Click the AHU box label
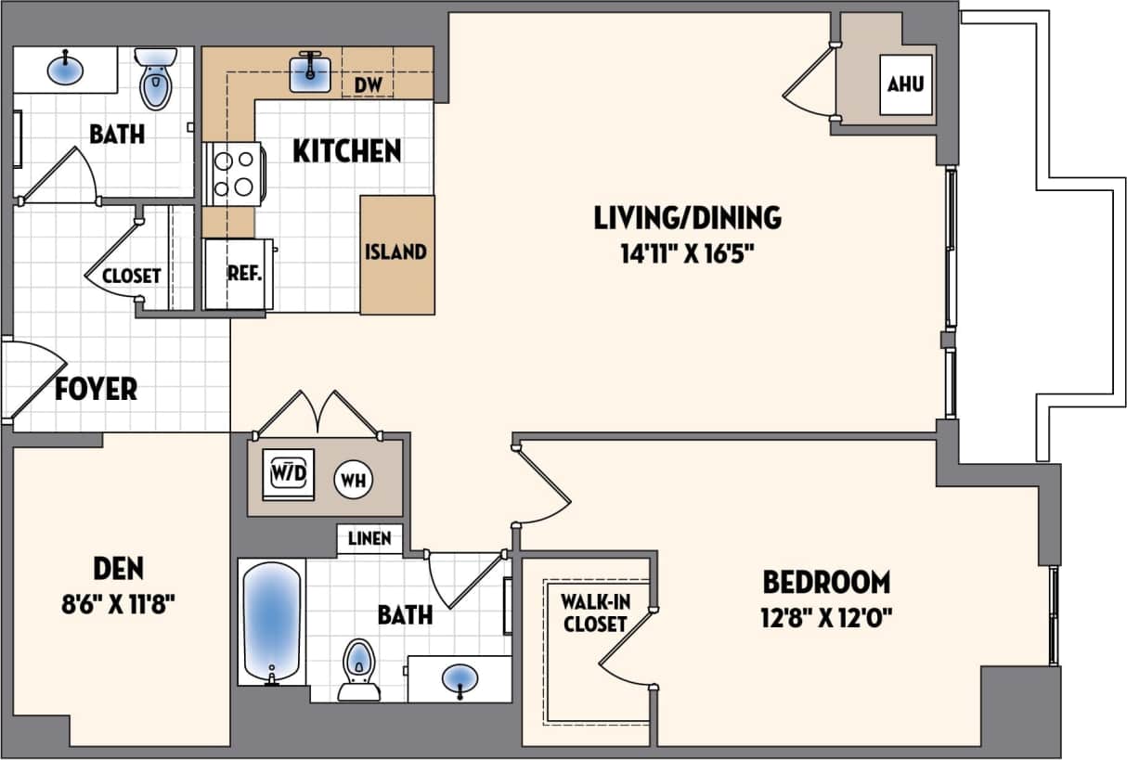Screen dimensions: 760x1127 pyautogui.click(x=905, y=84)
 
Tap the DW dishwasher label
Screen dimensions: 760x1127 pyautogui.click(x=369, y=85)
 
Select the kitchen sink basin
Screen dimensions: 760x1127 pyautogui.click(x=311, y=74)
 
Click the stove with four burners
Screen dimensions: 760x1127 pyautogui.click(x=234, y=174)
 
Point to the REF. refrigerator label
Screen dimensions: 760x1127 pyautogui.click(x=245, y=275)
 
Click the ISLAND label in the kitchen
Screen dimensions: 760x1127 pyautogui.click(x=395, y=252)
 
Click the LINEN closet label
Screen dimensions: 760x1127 pyautogui.click(x=369, y=538)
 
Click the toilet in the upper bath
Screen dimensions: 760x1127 pyautogui.click(x=155, y=81)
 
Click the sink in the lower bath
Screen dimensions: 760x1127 pyautogui.click(x=460, y=678)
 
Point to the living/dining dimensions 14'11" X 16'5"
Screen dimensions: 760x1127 pyautogui.click(x=687, y=253)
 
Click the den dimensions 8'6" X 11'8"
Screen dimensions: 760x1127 pyautogui.click(x=118, y=604)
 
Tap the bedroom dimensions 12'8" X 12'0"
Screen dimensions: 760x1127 pyautogui.click(x=826, y=616)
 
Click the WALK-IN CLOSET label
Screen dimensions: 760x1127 pyautogui.click(x=594, y=613)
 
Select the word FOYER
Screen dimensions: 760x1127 pyautogui.click(x=96, y=388)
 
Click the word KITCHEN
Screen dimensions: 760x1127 pyautogui.click(x=347, y=151)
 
